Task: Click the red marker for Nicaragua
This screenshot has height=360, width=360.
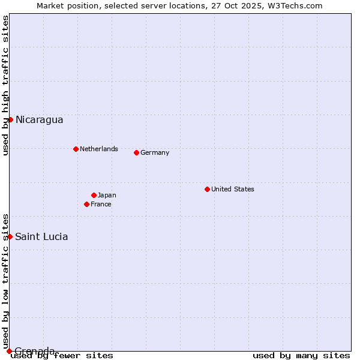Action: click(10, 119)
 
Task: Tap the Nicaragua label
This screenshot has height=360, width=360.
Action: click(39, 119)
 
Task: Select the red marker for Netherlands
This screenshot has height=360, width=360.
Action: click(76, 149)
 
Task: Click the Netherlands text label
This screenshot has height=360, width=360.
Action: click(98, 149)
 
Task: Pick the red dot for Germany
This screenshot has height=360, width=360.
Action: click(136, 152)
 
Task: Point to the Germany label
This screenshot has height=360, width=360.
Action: click(155, 152)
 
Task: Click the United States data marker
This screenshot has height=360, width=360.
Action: click(207, 189)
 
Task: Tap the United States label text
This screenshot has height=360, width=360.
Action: click(232, 189)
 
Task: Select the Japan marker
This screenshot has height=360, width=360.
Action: click(94, 195)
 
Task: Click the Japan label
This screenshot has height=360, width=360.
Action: click(107, 195)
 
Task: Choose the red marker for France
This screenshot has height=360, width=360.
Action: click(86, 204)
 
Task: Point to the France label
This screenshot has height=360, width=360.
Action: click(101, 204)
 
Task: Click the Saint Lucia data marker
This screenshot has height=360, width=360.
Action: click(10, 236)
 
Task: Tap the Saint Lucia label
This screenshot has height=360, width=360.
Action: click(41, 236)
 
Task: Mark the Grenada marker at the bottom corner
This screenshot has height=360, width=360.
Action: click(9, 351)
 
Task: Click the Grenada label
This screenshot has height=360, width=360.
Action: click(35, 350)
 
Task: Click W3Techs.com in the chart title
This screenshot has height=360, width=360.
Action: click(295, 5)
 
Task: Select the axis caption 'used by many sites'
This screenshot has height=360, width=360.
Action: click(301, 356)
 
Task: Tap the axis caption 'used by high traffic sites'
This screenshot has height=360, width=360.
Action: click(6, 85)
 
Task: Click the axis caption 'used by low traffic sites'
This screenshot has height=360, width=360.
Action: click(6, 281)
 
